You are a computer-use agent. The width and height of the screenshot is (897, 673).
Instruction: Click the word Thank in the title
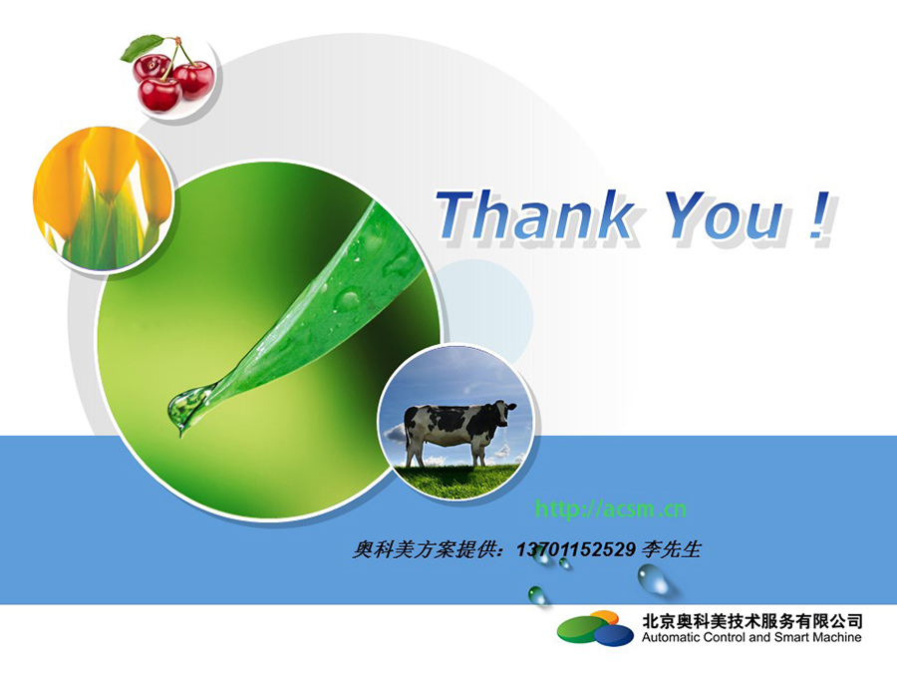click(535, 214)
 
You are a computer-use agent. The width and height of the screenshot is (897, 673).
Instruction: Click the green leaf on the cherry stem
click(141, 47)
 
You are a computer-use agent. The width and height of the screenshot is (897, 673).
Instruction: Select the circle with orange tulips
click(103, 198)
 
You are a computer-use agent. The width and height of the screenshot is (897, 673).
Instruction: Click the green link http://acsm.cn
click(610, 508)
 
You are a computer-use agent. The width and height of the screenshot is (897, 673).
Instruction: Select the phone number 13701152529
click(576, 549)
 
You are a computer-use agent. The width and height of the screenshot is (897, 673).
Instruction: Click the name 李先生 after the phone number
click(672, 549)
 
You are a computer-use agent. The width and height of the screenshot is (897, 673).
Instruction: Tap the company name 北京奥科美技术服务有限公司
click(752, 621)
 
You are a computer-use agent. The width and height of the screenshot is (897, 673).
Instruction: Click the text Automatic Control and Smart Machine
click(751, 637)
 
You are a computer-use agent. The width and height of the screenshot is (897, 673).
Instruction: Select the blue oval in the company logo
click(614, 635)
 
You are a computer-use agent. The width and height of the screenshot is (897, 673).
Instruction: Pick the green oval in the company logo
click(579, 628)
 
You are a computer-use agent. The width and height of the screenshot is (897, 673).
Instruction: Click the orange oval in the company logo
click(605, 617)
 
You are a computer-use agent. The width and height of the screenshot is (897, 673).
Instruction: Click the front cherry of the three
click(159, 95)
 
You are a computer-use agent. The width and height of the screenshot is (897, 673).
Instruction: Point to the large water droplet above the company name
click(653, 578)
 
